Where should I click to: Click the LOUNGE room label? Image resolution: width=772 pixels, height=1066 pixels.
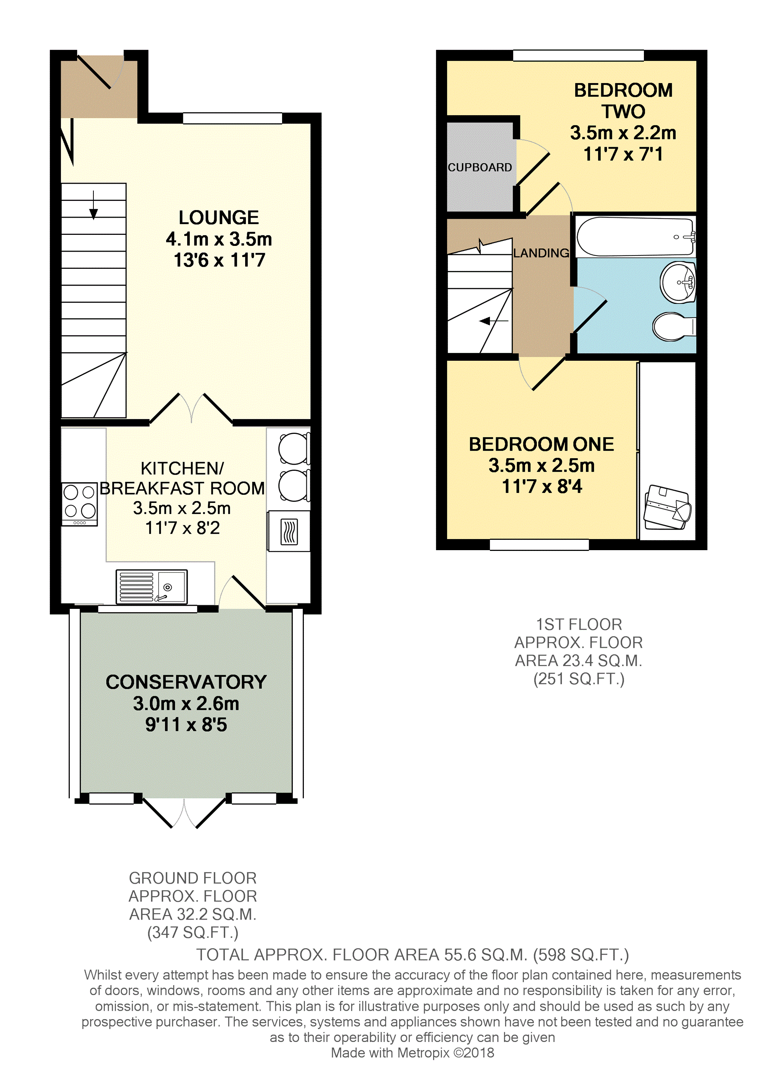(219, 218)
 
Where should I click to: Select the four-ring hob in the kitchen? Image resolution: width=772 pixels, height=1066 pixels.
(79, 504)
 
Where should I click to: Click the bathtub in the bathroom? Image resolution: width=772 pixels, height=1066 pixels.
(635, 236)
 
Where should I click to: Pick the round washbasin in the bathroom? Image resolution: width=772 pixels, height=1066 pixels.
(677, 282)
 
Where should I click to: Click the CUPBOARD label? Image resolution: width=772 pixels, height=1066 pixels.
(480, 167)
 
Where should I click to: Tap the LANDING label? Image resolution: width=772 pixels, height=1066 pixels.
(541, 253)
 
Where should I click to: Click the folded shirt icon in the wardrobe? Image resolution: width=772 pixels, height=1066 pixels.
(667, 507)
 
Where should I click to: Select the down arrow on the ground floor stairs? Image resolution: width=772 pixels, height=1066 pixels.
(93, 205)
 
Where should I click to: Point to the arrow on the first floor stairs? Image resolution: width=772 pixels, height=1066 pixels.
(494, 321)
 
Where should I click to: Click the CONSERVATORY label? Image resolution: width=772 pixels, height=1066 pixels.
(186, 682)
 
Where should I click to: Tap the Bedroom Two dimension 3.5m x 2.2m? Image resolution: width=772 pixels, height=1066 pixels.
(623, 133)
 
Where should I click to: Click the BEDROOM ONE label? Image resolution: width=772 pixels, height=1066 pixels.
(541, 444)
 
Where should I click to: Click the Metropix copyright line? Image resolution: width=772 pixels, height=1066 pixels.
(412, 1053)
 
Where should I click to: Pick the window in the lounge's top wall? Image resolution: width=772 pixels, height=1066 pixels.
(233, 118)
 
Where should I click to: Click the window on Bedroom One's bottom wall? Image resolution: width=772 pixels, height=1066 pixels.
(539, 544)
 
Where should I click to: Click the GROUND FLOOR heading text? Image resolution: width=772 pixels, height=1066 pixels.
(193, 878)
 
